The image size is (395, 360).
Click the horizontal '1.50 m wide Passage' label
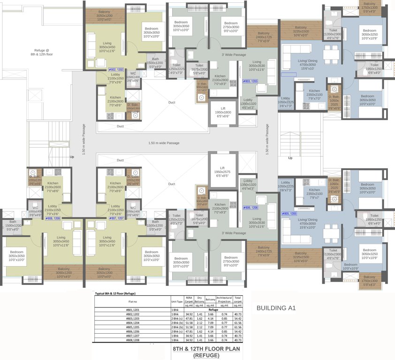(164, 143)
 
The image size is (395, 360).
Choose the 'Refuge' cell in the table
(213, 310)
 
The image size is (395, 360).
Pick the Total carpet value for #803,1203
(238, 319)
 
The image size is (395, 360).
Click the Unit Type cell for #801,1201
(177, 310)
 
